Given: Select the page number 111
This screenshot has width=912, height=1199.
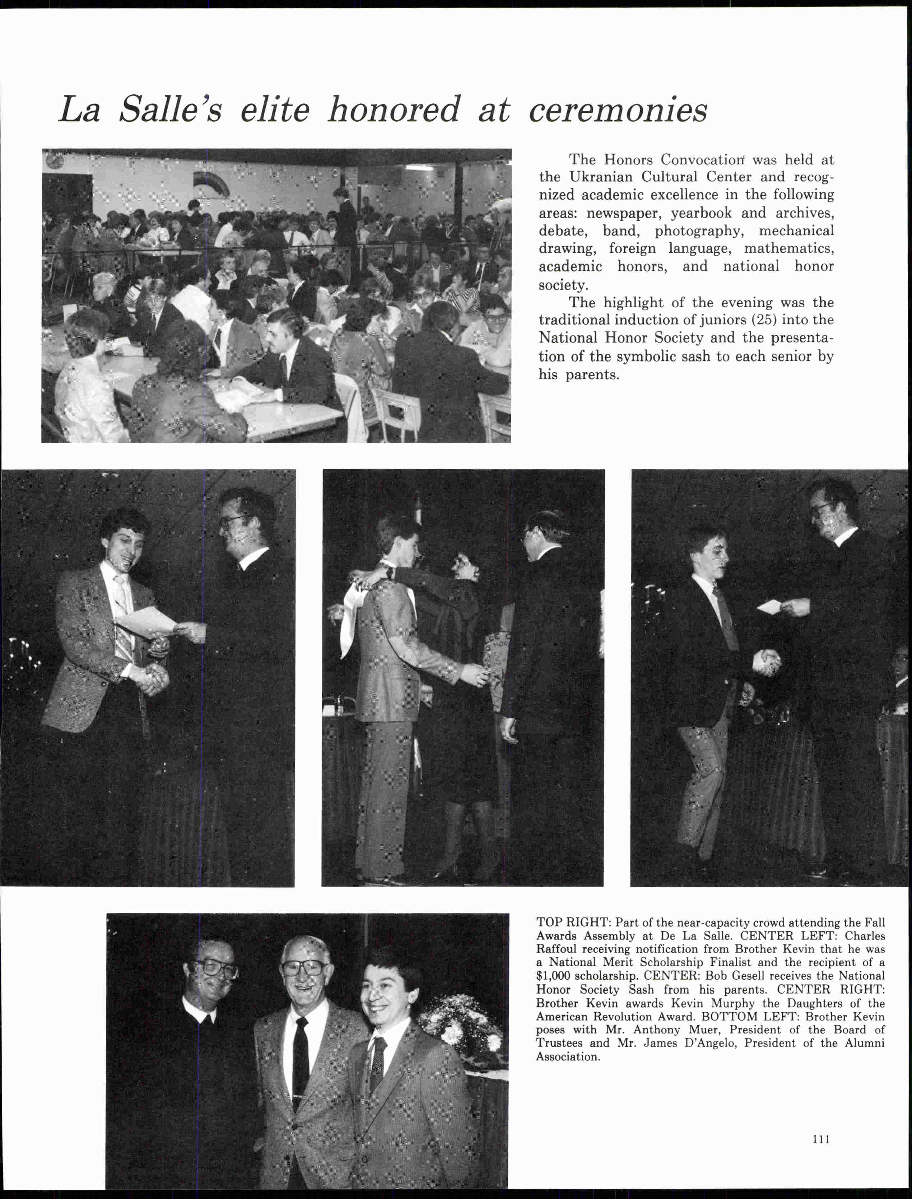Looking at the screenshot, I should (x=822, y=1139).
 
